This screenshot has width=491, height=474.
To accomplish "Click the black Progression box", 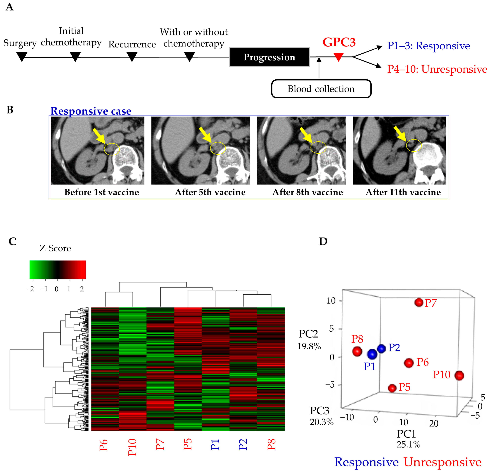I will click(x=269, y=57).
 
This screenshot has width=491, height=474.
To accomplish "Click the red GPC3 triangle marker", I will click(x=338, y=57).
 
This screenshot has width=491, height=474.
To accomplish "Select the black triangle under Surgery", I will click(x=22, y=56).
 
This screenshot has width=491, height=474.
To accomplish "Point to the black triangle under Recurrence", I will click(x=132, y=56).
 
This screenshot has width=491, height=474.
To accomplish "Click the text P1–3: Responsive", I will click(x=428, y=46).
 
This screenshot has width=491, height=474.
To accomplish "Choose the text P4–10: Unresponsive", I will click(x=437, y=69).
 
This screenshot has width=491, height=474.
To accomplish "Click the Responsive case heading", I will click(x=91, y=111).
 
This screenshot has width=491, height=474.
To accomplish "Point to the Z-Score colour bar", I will click(x=58, y=270).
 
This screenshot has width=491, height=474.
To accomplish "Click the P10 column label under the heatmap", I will click(x=132, y=447).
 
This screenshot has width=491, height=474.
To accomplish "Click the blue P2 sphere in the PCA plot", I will click(x=381, y=348).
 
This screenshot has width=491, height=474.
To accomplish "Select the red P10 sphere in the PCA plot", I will click(x=459, y=376).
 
